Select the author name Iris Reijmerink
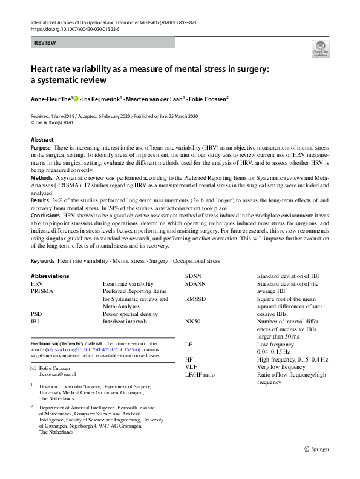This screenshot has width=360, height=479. tap(102, 98)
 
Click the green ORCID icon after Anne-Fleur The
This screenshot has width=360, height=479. tap(76, 98)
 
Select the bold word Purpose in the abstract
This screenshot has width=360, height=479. tap(41, 148)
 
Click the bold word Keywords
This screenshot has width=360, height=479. tap(43, 261)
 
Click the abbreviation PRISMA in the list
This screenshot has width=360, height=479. tap(42, 291)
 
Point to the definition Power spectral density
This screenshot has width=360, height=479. tap(130, 314)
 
